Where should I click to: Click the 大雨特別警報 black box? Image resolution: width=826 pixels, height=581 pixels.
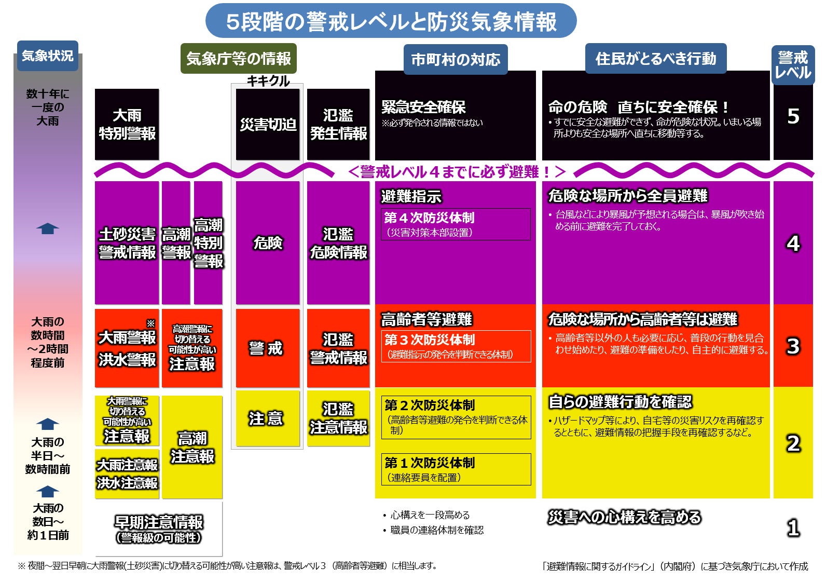(x=127, y=125)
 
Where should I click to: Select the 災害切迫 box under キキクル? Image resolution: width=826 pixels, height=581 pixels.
(x=268, y=125)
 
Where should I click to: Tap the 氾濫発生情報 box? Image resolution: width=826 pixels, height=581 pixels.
(x=338, y=125)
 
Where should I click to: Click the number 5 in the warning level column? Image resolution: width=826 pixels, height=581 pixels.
(x=793, y=116)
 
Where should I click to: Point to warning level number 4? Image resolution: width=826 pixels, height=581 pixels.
(x=793, y=244)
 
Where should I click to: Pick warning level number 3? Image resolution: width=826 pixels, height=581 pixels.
(x=793, y=346)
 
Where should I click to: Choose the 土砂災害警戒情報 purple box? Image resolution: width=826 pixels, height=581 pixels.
(x=127, y=242)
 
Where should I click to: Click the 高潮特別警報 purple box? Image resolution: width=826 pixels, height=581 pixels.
(x=208, y=242)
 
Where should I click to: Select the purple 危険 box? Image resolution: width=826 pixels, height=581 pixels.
(x=268, y=242)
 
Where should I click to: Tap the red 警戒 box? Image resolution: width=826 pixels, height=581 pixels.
(x=268, y=348)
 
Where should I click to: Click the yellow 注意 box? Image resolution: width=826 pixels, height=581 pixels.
(x=268, y=418)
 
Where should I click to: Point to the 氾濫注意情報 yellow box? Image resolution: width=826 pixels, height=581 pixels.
(x=338, y=418)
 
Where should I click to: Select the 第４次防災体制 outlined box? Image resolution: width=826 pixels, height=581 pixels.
(x=456, y=224)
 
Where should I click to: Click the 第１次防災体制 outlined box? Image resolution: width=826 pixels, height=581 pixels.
(x=456, y=469)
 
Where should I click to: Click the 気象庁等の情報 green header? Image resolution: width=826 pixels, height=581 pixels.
(x=239, y=58)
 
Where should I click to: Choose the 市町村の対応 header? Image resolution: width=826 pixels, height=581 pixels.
(x=456, y=59)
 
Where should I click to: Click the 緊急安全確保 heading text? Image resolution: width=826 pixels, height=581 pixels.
(x=423, y=107)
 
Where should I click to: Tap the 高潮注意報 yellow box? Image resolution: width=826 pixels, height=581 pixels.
(x=192, y=447)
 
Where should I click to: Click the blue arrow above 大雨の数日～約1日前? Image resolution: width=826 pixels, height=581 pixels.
(x=48, y=492)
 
